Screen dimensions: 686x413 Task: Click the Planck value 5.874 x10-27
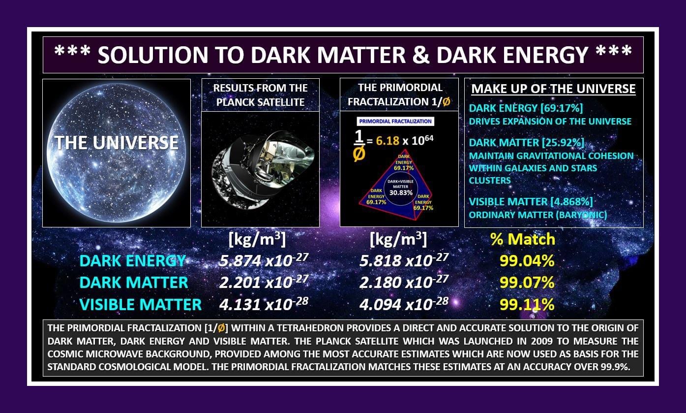click(264, 260)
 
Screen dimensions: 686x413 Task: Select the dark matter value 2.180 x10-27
click(404, 282)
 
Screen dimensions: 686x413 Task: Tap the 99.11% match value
click(527, 304)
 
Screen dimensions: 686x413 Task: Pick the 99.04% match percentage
click(527, 260)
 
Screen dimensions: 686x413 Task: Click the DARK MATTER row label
click(134, 283)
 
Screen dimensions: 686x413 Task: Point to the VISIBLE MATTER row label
click(140, 305)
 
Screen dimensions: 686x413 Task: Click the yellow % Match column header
click(522, 239)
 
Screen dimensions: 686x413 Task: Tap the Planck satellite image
click(260, 169)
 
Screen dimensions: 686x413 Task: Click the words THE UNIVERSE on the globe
click(117, 143)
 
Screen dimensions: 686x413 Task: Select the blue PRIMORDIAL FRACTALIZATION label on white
click(395, 121)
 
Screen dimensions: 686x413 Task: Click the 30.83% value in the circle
click(401, 192)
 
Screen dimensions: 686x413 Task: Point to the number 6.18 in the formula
click(388, 140)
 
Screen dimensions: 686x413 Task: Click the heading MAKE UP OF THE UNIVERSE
click(553, 89)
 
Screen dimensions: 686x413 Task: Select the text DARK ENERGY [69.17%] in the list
click(526, 108)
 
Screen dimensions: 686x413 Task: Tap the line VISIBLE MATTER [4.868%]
click(531, 202)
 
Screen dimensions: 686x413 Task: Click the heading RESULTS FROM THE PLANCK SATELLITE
click(260, 95)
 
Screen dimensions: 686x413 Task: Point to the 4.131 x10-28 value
click(264, 304)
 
